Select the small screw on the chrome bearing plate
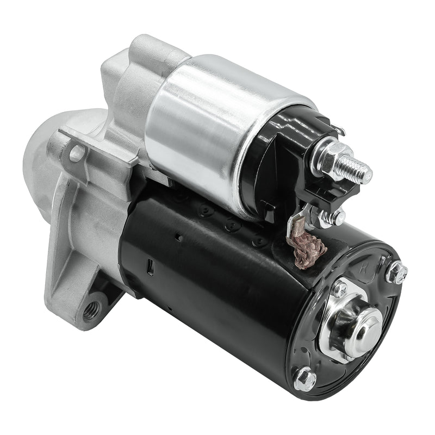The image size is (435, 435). (340, 288)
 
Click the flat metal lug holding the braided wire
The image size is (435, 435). (296, 222)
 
